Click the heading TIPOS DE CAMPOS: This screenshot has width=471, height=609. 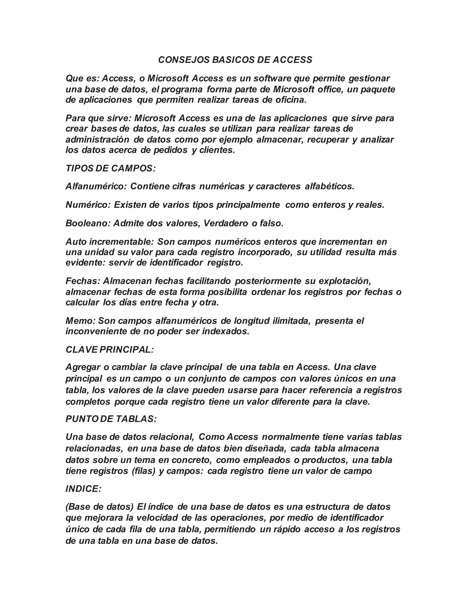(110, 168)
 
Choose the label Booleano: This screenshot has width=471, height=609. (88, 223)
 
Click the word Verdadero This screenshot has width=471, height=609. (226, 223)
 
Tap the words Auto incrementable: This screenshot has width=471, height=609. (110, 242)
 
